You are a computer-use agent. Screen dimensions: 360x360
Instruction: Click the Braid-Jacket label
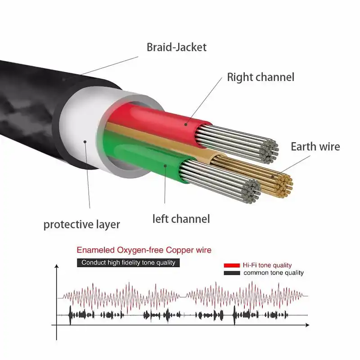176,47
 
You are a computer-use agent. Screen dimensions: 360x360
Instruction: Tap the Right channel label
261,77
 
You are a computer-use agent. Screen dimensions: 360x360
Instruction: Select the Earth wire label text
315,147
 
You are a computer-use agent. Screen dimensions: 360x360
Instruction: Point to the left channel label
181,219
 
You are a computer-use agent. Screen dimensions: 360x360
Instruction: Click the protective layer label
82,224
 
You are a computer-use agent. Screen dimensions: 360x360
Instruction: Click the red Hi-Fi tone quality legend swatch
231,265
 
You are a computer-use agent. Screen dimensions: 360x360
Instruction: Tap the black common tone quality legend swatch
231,273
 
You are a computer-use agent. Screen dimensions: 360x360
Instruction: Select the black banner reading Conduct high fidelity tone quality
128,262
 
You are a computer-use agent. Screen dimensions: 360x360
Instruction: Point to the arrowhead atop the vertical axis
57,266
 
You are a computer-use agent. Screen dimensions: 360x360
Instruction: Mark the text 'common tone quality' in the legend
274,273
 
